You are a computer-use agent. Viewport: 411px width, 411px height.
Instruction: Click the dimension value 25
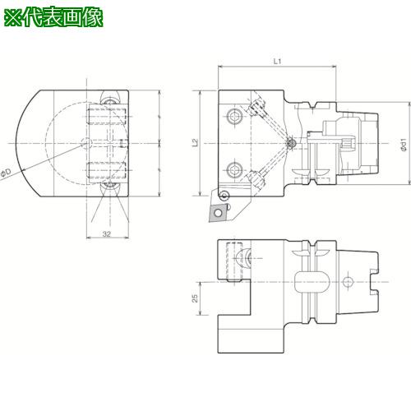pyautogui.click(x=195, y=294)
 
